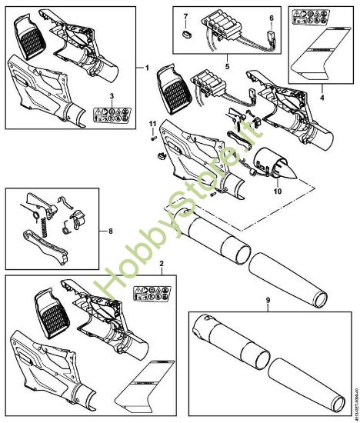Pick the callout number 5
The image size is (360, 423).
click(227, 66)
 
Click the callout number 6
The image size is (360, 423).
click(271, 16)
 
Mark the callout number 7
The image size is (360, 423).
click(184, 16)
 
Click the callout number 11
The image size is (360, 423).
click(152, 124)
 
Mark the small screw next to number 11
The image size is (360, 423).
click(154, 136)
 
